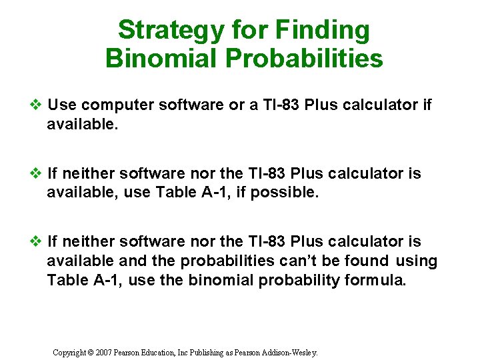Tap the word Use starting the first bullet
[63, 105]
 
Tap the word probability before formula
[298, 281]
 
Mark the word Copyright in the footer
[70, 352]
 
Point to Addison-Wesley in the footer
[291, 352]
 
